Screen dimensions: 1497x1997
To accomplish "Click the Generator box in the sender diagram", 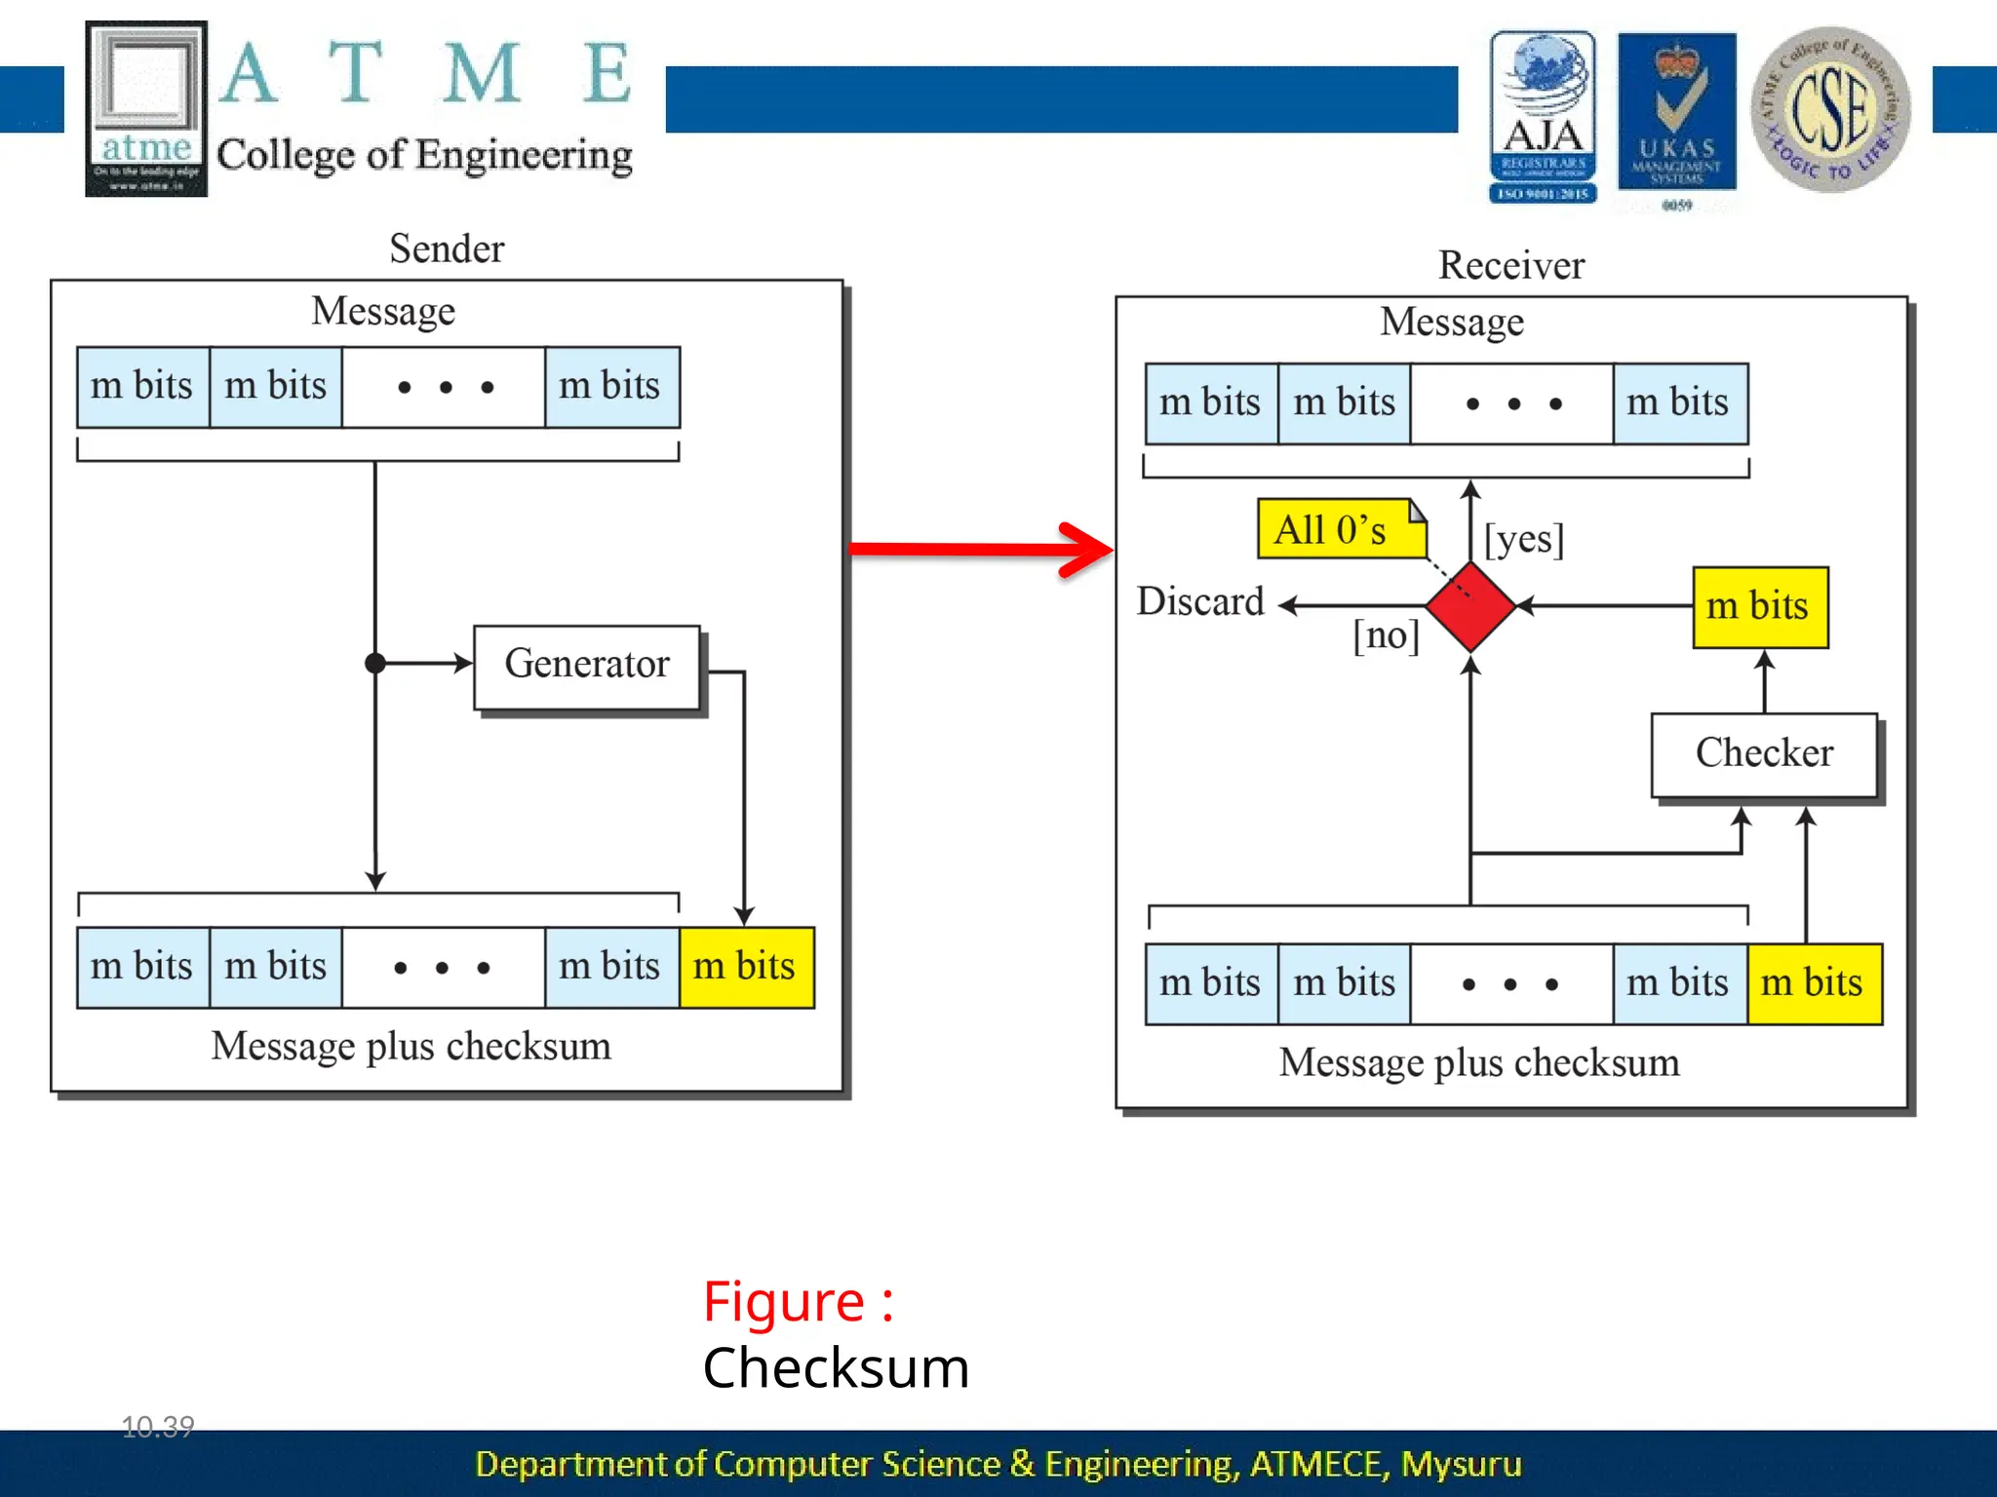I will tap(586, 666).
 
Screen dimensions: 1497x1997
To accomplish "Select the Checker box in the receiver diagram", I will tap(1763, 754).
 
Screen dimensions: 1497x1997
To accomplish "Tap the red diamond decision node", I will tap(1469, 606).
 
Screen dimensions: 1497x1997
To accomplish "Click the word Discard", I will tap(1200, 601).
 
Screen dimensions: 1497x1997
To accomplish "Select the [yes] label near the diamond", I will tap(1523, 539).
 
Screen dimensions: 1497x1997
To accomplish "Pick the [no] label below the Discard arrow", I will tap(1386, 635).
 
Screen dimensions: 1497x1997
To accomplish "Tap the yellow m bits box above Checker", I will tap(1759, 606).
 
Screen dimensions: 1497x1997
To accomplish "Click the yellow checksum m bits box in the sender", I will tap(746, 967).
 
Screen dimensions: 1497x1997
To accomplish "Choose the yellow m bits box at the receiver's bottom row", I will tap(1813, 982).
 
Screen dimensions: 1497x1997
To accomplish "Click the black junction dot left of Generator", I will tap(375, 664).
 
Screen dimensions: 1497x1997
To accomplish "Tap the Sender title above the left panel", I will tap(447, 249).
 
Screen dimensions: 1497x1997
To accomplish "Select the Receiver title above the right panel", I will tap(1511, 265).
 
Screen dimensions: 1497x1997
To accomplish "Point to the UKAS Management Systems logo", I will tap(1676, 115).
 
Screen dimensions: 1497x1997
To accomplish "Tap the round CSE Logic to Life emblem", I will tap(1830, 108).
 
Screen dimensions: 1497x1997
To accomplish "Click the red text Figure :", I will tap(798, 1302).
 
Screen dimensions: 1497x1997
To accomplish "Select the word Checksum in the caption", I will tap(836, 1368).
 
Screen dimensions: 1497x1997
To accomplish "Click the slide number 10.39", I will tap(158, 1427).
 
